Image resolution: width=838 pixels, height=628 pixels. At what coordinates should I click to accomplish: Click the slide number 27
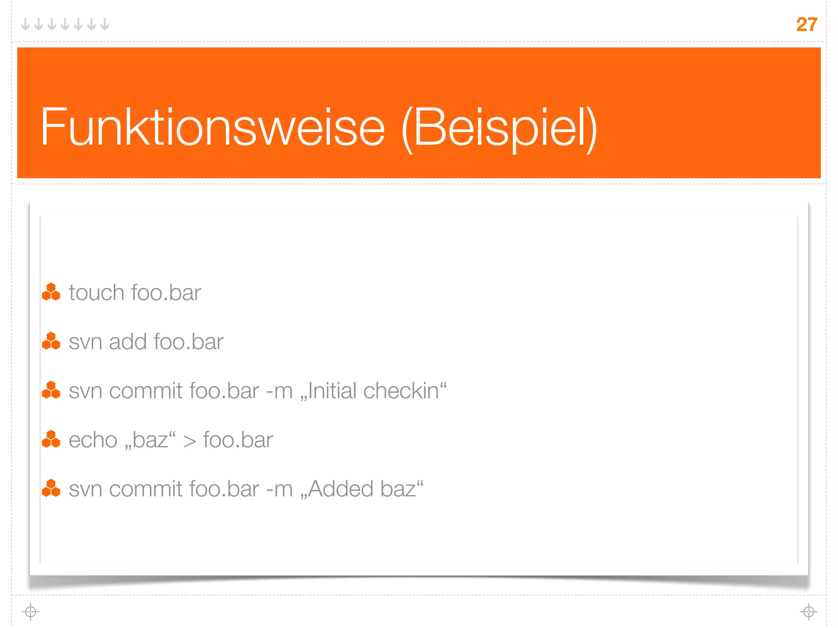click(806, 25)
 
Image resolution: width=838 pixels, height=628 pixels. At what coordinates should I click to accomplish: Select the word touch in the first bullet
click(96, 293)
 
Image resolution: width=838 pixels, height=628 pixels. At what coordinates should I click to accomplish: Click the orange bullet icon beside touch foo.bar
click(51, 292)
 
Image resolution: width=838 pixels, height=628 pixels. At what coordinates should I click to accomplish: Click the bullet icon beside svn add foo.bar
click(51, 341)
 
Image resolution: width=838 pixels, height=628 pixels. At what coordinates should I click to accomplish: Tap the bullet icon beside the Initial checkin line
click(51, 390)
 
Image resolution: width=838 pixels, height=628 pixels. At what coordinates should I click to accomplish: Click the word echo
click(93, 440)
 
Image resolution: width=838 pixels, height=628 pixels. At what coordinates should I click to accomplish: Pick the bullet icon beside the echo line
click(51, 439)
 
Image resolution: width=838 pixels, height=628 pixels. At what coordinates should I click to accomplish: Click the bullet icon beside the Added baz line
click(51, 488)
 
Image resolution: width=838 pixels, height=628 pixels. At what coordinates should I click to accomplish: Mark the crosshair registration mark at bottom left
click(31, 612)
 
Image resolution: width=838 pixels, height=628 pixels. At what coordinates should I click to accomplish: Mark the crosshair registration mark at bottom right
click(809, 612)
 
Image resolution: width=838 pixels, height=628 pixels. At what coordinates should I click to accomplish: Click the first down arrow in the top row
click(25, 25)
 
